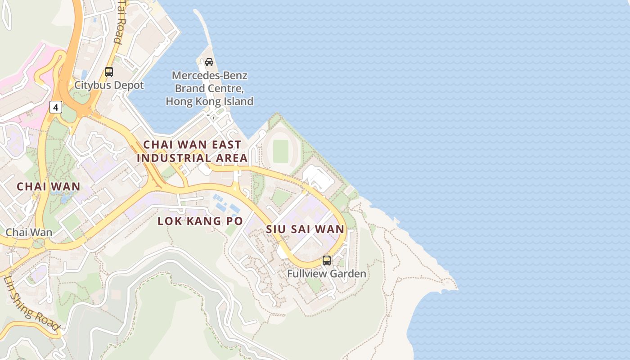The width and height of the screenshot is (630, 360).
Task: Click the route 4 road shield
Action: coord(55,107)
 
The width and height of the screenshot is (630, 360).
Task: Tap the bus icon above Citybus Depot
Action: coord(109,72)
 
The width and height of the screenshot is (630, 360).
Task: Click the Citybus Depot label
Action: coord(109,85)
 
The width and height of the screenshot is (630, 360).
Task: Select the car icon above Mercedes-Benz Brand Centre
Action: coord(209,62)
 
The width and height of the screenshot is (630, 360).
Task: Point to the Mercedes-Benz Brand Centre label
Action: coord(209,88)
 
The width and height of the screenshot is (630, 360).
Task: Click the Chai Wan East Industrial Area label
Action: coord(192,151)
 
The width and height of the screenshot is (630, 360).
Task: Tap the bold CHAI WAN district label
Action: coord(49,186)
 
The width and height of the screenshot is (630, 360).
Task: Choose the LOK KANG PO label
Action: coord(200,221)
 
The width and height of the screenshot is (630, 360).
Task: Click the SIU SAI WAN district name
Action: coord(305,229)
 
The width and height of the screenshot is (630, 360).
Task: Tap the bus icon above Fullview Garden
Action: coord(327,260)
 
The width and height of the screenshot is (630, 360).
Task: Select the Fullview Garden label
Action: coord(327,274)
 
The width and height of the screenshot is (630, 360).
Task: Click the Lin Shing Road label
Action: coord(31,302)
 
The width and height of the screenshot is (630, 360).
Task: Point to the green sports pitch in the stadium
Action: coord(280,151)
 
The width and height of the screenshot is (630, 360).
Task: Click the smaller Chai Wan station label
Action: coord(29,233)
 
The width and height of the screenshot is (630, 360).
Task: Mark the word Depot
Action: coord(129,85)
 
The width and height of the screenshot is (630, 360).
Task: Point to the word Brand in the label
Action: coord(190,88)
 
